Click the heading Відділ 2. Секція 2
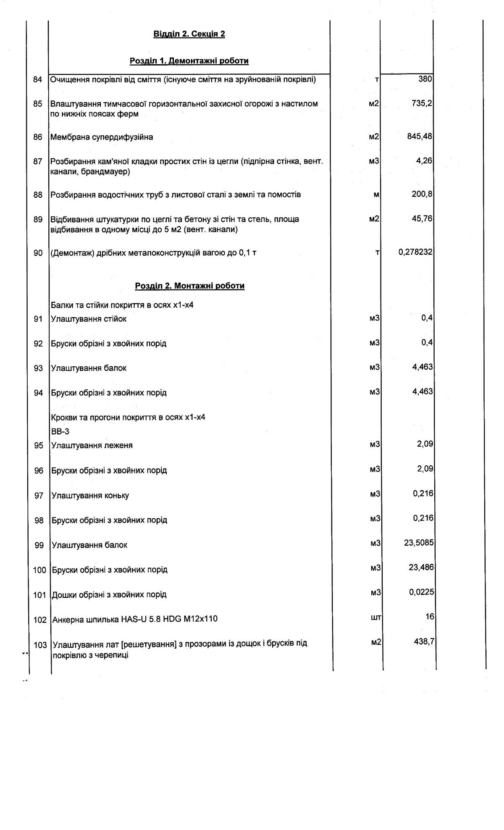tap(189, 34)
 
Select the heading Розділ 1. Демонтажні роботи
tap(189, 61)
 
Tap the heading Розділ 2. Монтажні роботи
tap(189, 286)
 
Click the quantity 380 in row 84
tap(425, 79)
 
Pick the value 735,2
tap(422, 103)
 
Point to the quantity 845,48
tap(420, 137)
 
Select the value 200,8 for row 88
tap(422, 194)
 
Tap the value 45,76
tap(422, 218)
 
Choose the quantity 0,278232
tap(415, 252)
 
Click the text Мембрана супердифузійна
tap(102, 137)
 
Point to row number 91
tap(38, 319)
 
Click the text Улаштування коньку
tap(90, 496)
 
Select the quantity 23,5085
tap(419, 543)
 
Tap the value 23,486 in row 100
tap(421, 567)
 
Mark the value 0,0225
tap(422, 592)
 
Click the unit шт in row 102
tap(375, 617)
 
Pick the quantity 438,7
tap(424, 642)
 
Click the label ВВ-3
tap(60, 432)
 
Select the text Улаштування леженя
tap(92, 446)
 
